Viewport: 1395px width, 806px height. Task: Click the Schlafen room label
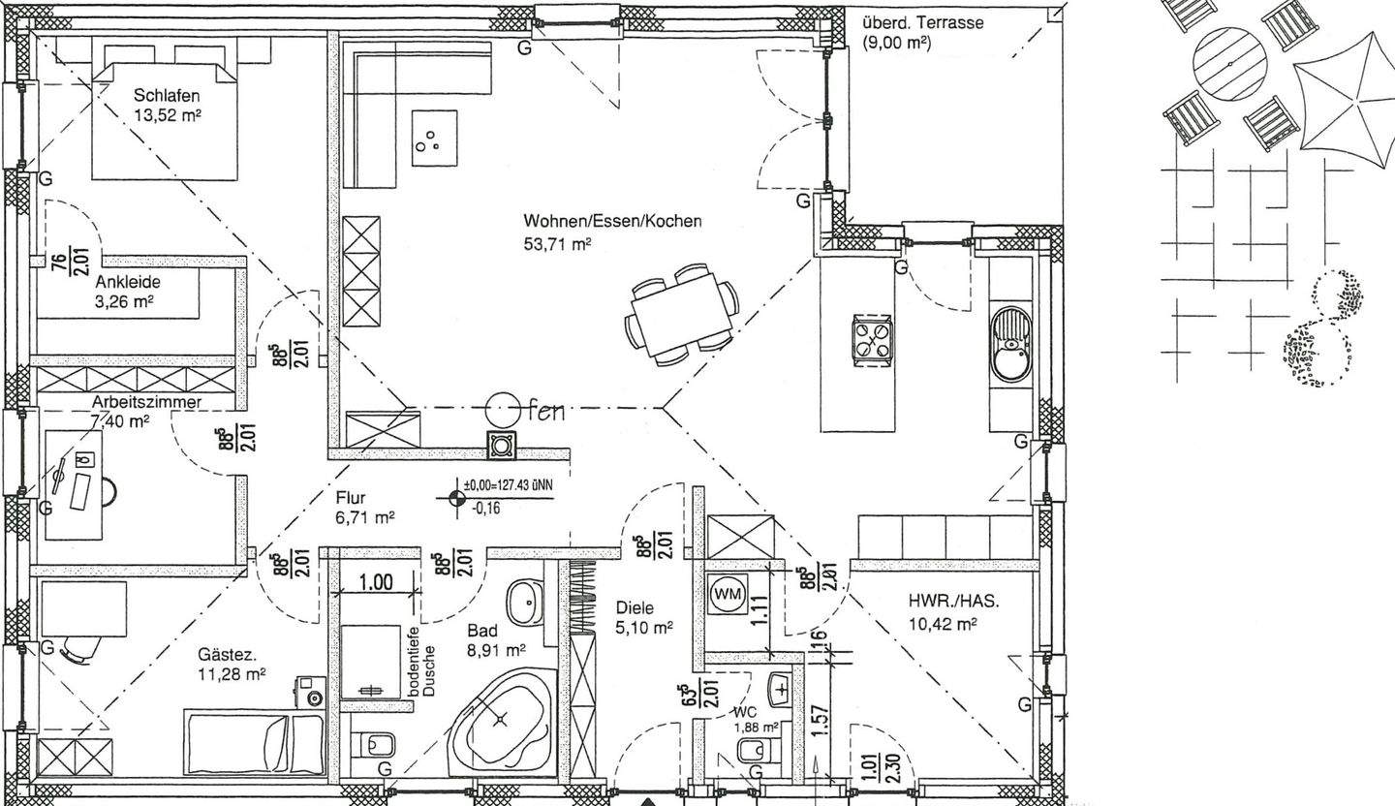click(x=168, y=105)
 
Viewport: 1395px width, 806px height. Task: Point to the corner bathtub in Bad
click(x=501, y=719)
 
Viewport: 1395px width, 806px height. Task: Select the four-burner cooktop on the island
click(x=871, y=341)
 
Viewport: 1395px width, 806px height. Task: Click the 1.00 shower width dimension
click(x=376, y=582)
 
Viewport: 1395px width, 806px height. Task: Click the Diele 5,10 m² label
click(x=643, y=617)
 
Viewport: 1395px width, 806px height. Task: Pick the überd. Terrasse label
click(x=922, y=32)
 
